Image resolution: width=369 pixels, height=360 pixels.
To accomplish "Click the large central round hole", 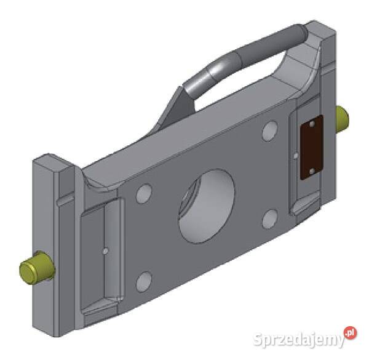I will tap(207, 206).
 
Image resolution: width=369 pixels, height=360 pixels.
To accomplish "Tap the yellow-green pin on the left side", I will tap(36, 266).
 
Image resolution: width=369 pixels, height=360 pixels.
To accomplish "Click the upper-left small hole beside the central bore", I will tap(145, 194).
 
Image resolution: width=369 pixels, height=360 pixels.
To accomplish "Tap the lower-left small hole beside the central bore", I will tap(143, 282).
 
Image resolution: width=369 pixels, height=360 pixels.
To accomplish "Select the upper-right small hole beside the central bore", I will tap(269, 131).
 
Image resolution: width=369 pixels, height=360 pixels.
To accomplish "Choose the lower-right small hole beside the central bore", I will tap(269, 218).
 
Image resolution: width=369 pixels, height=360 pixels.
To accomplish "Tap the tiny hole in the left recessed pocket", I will tap(106, 250).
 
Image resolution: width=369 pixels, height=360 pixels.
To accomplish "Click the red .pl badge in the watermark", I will tap(349, 333).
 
